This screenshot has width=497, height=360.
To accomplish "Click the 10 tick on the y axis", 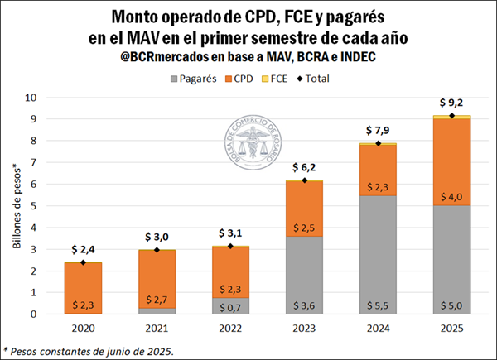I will tap(31, 98).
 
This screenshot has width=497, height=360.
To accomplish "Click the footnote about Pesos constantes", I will tap(89, 350).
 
